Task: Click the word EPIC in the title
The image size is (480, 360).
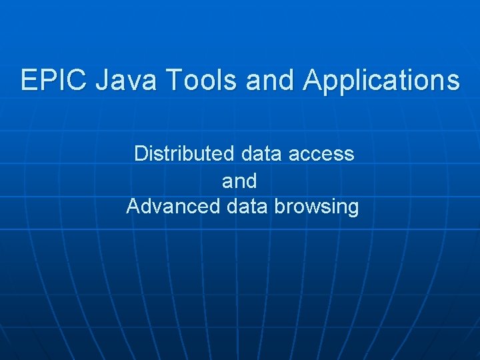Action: pos(54,80)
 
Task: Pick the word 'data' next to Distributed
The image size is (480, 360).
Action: pos(262,153)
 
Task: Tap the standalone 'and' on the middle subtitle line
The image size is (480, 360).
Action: pos(239,180)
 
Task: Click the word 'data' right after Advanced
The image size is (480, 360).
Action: pos(246,206)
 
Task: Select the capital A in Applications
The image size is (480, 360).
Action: pos(313,80)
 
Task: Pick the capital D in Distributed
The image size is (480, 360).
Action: pos(141,153)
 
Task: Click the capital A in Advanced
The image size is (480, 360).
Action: pos(133,206)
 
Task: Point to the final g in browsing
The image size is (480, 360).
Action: pos(353,208)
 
